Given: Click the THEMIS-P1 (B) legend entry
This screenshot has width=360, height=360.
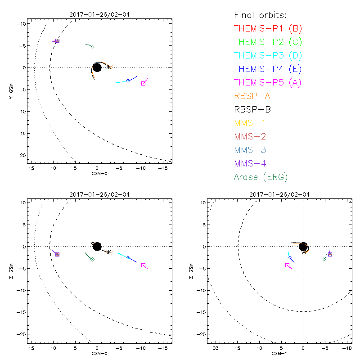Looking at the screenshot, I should point(268,28).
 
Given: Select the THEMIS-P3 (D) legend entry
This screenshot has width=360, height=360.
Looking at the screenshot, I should point(268,55).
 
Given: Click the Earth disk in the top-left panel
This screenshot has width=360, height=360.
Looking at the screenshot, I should point(97,67).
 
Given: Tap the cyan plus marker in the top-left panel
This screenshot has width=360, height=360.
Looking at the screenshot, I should point(118,82).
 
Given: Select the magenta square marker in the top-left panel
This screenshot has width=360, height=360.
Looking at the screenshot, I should point(144,83).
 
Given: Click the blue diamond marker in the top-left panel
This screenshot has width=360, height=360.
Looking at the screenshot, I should point(128,81).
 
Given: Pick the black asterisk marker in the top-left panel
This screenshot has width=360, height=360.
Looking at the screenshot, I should point(109,67).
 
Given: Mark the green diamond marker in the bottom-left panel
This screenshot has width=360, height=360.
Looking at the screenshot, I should point(92,259).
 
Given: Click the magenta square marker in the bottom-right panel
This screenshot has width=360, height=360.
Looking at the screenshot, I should point(287,265).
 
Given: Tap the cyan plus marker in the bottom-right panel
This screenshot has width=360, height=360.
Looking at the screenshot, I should point(288,253).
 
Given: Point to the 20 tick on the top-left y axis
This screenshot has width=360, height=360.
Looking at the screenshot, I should point(23,155).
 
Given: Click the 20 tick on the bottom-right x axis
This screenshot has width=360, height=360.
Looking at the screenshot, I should point(216,349).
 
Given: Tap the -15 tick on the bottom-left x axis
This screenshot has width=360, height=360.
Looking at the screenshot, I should point(163,349).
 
